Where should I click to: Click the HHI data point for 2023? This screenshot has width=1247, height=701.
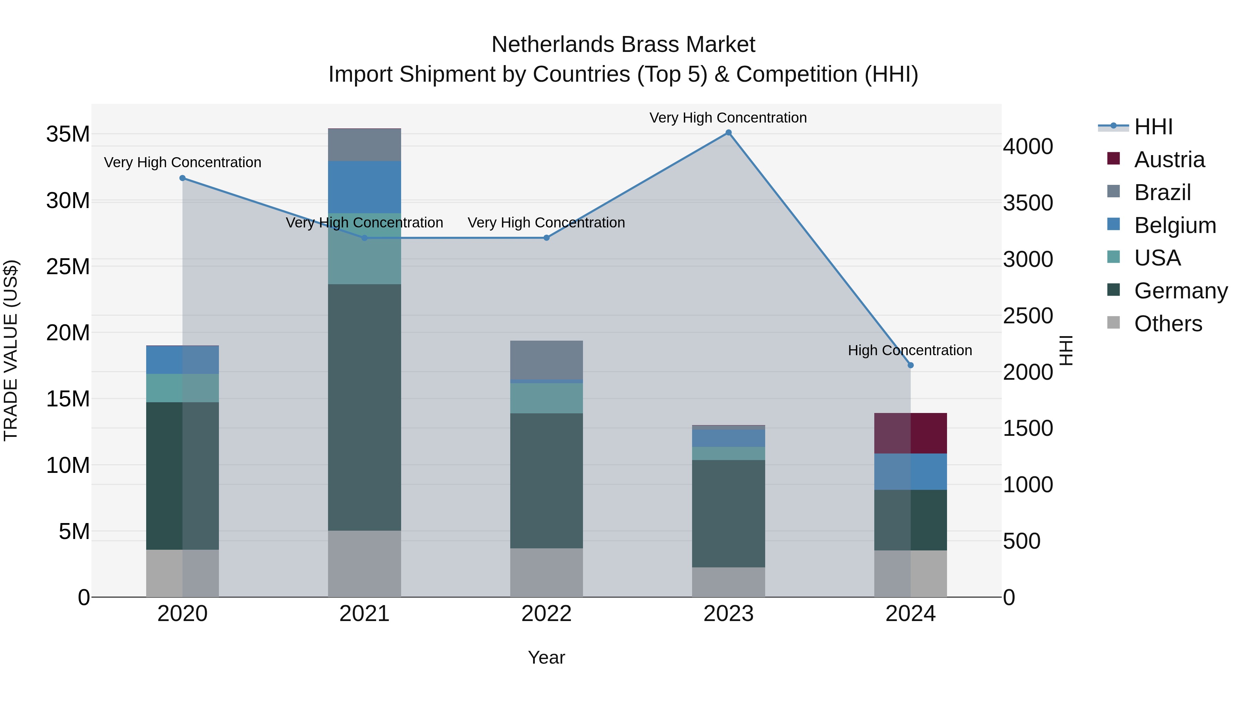[728, 133]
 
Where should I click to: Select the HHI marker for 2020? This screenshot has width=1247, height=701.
[183, 178]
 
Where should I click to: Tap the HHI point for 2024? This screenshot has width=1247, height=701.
[910, 365]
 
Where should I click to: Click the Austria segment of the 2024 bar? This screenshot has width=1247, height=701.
[910, 433]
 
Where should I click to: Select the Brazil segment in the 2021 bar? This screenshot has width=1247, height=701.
[364, 145]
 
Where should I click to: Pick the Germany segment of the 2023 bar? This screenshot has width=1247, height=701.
[728, 513]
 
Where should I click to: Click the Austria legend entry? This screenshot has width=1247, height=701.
[1169, 160]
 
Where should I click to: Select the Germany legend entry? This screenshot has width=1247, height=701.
[1180, 291]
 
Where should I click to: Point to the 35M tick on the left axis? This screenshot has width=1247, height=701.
[68, 134]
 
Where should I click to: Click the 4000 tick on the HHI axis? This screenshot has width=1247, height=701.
[1028, 146]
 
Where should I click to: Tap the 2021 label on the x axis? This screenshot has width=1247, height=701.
[364, 614]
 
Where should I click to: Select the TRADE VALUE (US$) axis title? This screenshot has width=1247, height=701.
[11, 350]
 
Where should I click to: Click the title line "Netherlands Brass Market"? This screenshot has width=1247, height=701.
[623, 45]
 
